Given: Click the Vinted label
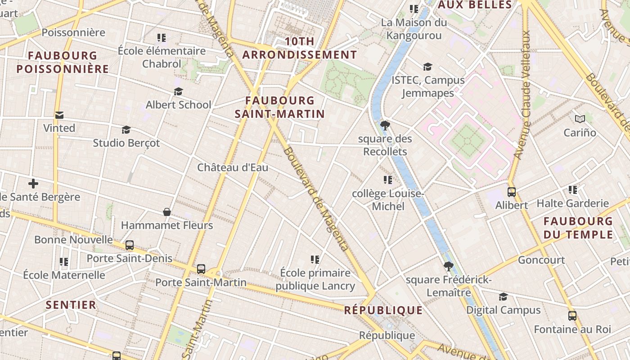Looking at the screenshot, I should click(59, 128).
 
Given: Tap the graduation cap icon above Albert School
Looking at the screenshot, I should click(178, 92).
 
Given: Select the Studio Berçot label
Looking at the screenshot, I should click(126, 143).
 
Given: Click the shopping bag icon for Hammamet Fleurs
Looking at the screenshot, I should click(167, 211).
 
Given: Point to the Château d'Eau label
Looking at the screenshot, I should click(233, 168).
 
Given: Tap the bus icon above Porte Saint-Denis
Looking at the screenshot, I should click(130, 245).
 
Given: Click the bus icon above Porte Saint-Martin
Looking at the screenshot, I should click(201, 269).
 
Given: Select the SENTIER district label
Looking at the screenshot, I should click(71, 305).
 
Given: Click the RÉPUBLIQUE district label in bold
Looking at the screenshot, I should click(383, 310).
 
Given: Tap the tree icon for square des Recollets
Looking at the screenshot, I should click(385, 126).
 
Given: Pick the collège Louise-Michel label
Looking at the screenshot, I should click(387, 200).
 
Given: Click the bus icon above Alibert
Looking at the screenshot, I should click(512, 192).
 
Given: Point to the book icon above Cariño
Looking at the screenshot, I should click(580, 119).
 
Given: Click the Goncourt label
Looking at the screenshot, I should click(541, 260).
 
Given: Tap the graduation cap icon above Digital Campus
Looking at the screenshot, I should click(503, 297).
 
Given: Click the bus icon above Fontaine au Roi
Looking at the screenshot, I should click(572, 316).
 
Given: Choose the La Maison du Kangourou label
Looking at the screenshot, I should click(414, 29).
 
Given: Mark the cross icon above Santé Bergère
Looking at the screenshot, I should click(33, 184).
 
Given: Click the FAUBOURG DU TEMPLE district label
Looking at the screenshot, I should click(578, 228).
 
